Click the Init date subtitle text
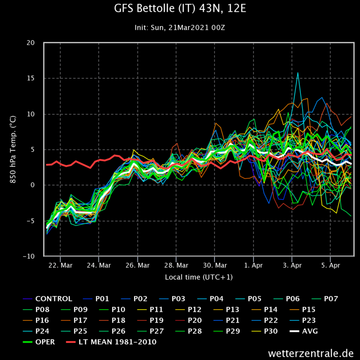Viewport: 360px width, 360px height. coord(180,27)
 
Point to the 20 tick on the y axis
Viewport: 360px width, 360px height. coord(31,43)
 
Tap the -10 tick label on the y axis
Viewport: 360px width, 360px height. coord(29,256)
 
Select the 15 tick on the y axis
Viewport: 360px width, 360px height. coord(31,78)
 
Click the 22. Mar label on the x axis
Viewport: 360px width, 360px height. coord(60,265)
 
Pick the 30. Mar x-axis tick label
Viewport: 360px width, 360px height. coord(215,265)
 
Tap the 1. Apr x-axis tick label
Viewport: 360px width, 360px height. coord(253,265)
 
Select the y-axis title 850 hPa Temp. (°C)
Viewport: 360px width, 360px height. coord(13,149)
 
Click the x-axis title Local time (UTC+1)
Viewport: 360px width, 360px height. coord(199,277)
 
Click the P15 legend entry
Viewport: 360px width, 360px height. coord(310,310)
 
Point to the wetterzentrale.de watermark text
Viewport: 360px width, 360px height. coord(310,352)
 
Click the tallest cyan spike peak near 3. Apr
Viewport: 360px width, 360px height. coord(297,72)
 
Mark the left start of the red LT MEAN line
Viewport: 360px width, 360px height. coord(46,165)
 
